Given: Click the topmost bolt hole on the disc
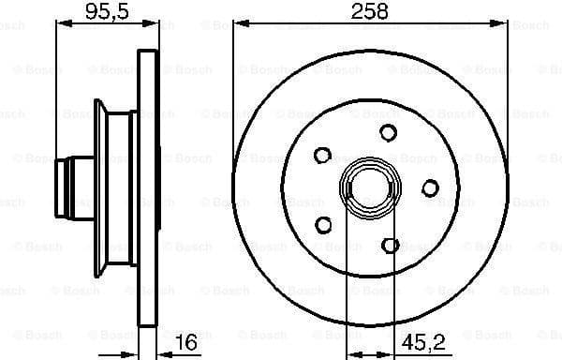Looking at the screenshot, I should tap(388, 134).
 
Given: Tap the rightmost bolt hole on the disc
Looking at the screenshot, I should tap(430, 187).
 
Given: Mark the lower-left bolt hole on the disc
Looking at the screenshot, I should tap(325, 225).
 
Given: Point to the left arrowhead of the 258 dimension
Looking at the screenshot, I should tap(237, 25).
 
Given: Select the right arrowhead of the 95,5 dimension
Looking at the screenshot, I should tap(149, 25).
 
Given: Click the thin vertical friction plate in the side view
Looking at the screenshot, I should tap(146, 187).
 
